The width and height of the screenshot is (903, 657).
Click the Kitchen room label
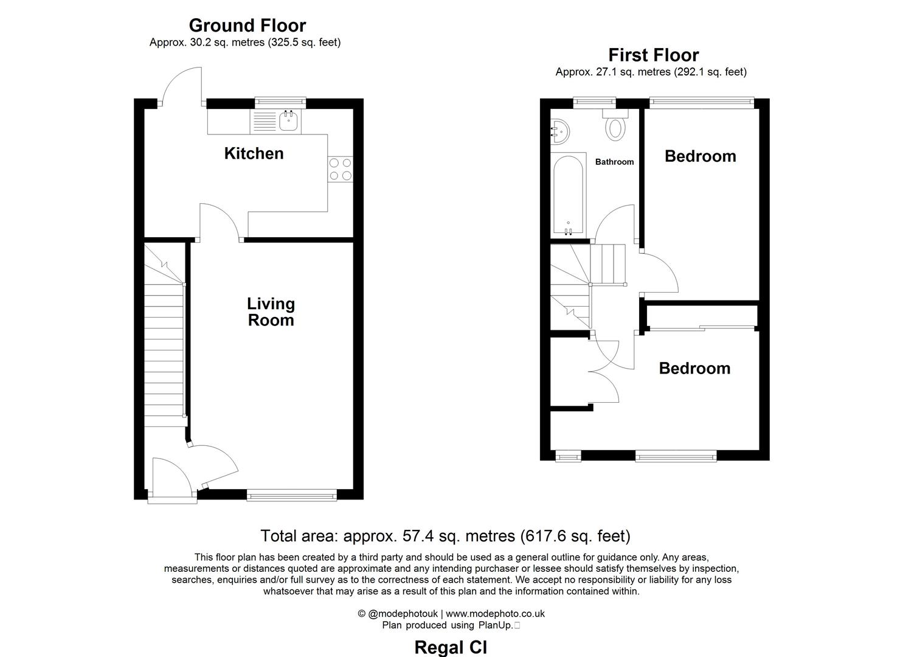(254, 153)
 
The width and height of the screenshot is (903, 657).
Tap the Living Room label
(271, 311)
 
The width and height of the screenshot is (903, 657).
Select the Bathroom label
(614, 162)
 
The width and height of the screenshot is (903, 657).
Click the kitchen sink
(289, 121)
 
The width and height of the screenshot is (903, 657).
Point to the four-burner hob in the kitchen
(340, 169)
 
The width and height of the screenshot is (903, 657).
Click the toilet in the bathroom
(615, 128)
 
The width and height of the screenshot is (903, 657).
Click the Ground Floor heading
(247, 26)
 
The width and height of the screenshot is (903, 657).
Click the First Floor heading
(653, 55)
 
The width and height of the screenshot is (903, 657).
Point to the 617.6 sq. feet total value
(575, 536)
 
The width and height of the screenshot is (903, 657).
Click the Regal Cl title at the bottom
(451, 647)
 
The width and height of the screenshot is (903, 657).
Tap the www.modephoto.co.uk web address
(495, 614)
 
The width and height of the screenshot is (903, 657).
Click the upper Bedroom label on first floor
(700, 156)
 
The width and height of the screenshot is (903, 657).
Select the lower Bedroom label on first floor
(694, 368)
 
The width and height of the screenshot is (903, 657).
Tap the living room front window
(292, 496)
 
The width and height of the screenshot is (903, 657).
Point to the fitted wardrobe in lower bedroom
(702, 317)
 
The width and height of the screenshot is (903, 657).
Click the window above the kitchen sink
(280, 103)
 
